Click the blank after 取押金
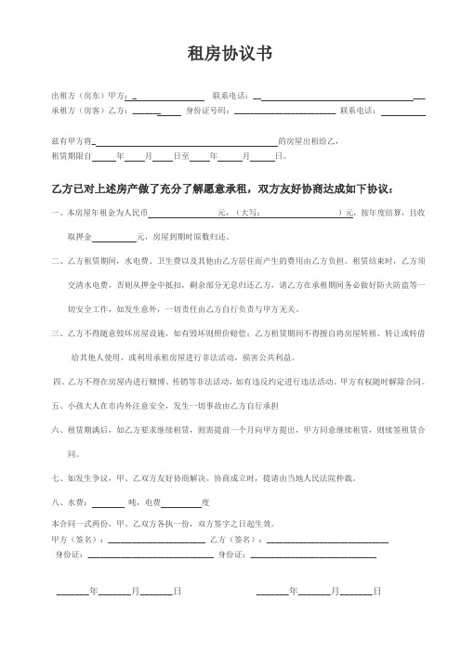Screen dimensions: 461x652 coord(114,237)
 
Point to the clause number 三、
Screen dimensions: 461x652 coord(58,333)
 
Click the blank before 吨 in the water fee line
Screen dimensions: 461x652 coord(108,504)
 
